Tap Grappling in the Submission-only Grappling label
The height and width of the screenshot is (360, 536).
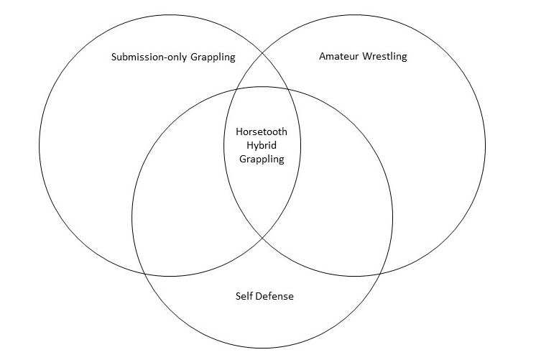[213, 57]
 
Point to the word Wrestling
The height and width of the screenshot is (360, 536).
[385, 56]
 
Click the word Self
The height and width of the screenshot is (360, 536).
[244, 295]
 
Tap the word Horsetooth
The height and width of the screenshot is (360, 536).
[261, 132]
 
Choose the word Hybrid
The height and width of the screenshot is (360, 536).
[261, 146]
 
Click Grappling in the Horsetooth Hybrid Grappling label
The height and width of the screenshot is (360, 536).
[261, 160]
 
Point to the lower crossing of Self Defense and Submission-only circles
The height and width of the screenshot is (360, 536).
[144, 274]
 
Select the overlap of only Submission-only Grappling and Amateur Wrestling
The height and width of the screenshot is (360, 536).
[262, 75]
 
